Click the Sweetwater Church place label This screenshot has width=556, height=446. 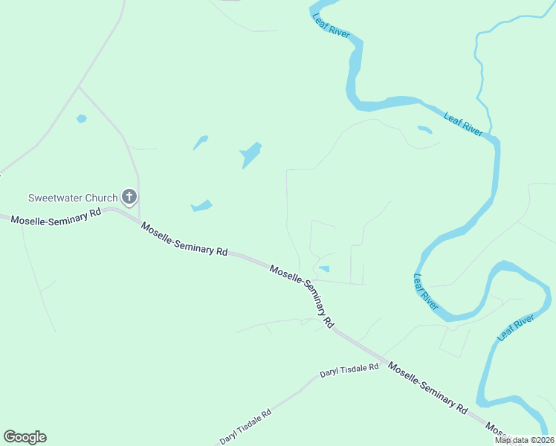[x=73, y=198]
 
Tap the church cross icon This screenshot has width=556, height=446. [x=129, y=197]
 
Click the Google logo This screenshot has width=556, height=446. [x=25, y=437]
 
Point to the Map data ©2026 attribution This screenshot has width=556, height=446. [x=524, y=440]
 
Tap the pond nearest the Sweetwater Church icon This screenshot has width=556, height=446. [x=201, y=206]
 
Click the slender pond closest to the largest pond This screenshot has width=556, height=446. [x=200, y=142]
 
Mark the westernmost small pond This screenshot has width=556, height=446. [x=81, y=118]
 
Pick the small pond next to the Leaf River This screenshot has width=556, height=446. [x=424, y=129]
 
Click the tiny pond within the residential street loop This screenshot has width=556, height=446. [x=324, y=268]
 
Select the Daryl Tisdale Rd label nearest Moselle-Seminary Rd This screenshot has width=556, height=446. [x=349, y=371]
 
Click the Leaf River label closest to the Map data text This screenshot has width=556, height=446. [x=516, y=326]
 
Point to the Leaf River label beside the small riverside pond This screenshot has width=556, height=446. [x=463, y=123]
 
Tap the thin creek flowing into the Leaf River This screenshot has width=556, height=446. [x=479, y=67]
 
